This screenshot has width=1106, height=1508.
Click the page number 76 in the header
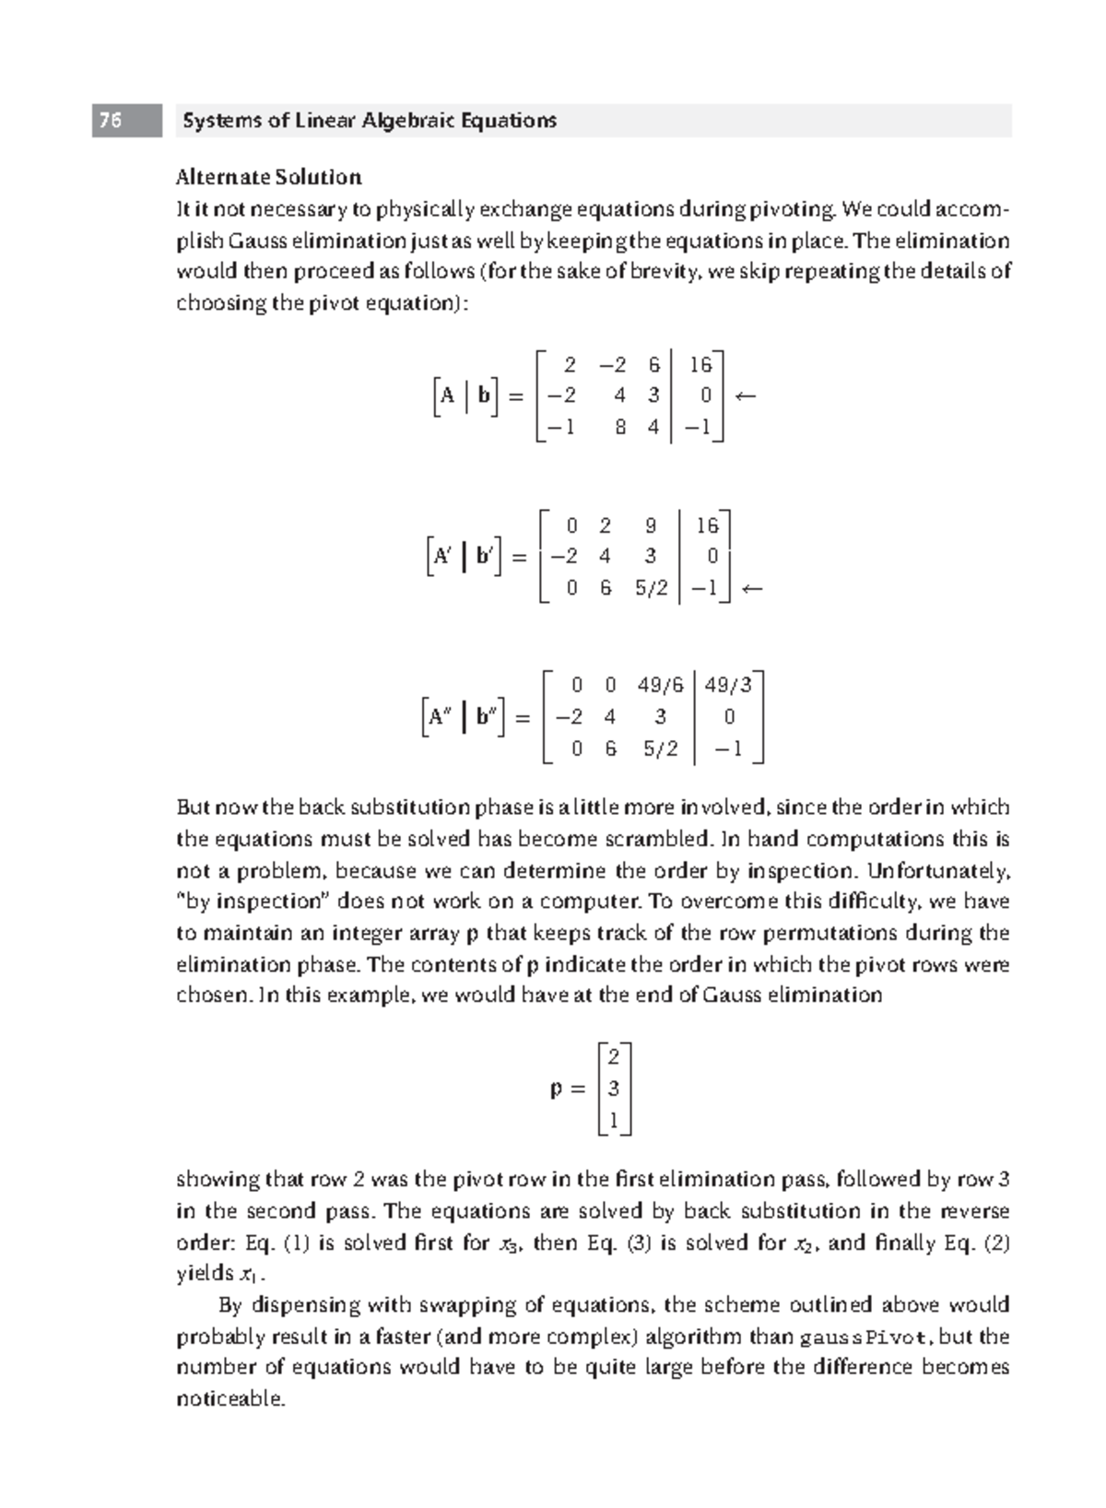pyautogui.click(x=111, y=121)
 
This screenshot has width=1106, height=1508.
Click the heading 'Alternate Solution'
pyautogui.click(x=268, y=177)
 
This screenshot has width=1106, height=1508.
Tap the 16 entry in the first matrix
pyautogui.click(x=700, y=365)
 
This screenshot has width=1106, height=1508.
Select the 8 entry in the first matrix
pyautogui.click(x=620, y=428)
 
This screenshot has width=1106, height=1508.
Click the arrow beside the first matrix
pyautogui.click(x=746, y=396)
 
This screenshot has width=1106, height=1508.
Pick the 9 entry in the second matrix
pyautogui.click(x=651, y=526)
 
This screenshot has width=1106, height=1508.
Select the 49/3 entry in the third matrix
pyautogui.click(x=728, y=685)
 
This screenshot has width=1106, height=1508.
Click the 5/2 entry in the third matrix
pyautogui.click(x=660, y=748)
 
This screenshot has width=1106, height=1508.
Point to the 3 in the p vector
pyautogui.click(x=614, y=1089)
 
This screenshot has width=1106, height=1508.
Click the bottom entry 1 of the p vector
pyautogui.click(x=614, y=1120)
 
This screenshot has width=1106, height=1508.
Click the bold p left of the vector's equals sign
pyautogui.click(x=555, y=1090)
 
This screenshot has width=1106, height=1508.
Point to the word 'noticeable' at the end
pyautogui.click(x=229, y=1398)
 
